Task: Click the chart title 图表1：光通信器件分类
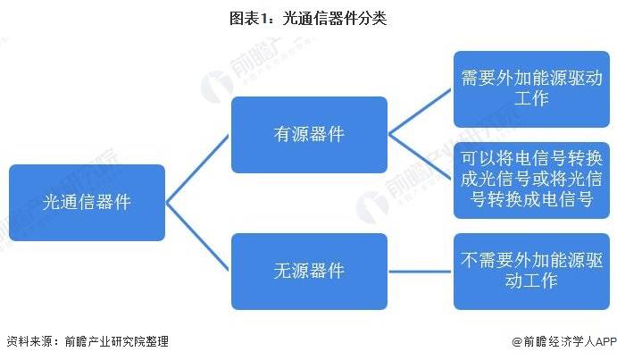pyautogui.click(x=308, y=18)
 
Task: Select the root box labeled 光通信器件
pyautogui.click(x=87, y=203)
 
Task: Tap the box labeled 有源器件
pyautogui.click(x=309, y=135)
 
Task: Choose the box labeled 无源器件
pyautogui.click(x=309, y=272)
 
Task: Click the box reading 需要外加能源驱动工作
pyautogui.click(x=531, y=89)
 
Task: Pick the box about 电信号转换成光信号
pyautogui.click(x=531, y=180)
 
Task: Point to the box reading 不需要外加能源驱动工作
pyautogui.click(x=531, y=272)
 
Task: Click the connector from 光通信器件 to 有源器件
pyautogui.click(x=197, y=169)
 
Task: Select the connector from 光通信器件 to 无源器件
pyautogui.click(x=197, y=237)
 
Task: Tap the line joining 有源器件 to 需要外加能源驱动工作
pyautogui.click(x=420, y=112)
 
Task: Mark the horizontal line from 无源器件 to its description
pyautogui.click(x=420, y=272)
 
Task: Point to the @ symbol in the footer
pyautogui.click(x=517, y=341)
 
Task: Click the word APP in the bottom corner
pyautogui.click(x=606, y=341)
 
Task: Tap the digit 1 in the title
pyautogui.click(x=263, y=19)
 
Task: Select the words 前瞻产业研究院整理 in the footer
pyautogui.click(x=116, y=341)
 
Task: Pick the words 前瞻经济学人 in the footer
pyautogui.click(x=559, y=341)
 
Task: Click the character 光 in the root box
pyautogui.click(x=50, y=203)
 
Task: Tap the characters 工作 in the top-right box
pyautogui.click(x=531, y=98)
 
